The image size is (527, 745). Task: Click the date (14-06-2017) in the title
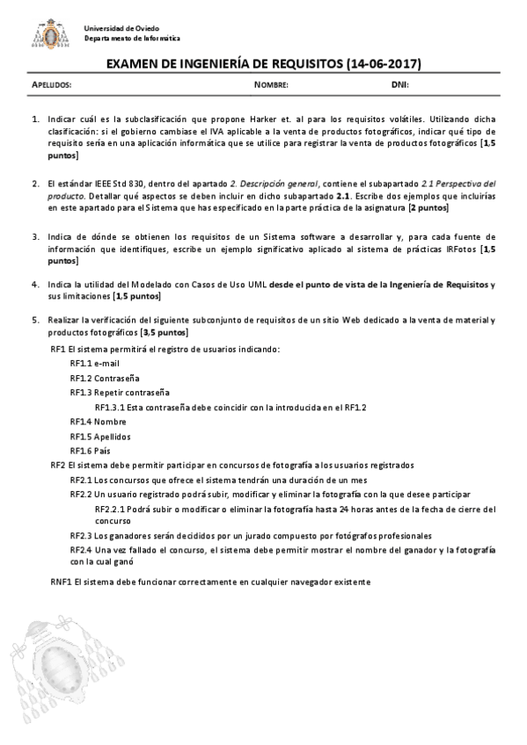click(x=384, y=63)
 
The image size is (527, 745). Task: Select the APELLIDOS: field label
click(x=51, y=85)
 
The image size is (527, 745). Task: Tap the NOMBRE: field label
click(x=271, y=85)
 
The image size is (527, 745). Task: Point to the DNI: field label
click(x=399, y=85)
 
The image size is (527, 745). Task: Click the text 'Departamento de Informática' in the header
click(x=132, y=39)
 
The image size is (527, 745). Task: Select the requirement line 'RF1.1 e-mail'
click(x=94, y=363)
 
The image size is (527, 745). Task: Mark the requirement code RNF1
click(x=61, y=582)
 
